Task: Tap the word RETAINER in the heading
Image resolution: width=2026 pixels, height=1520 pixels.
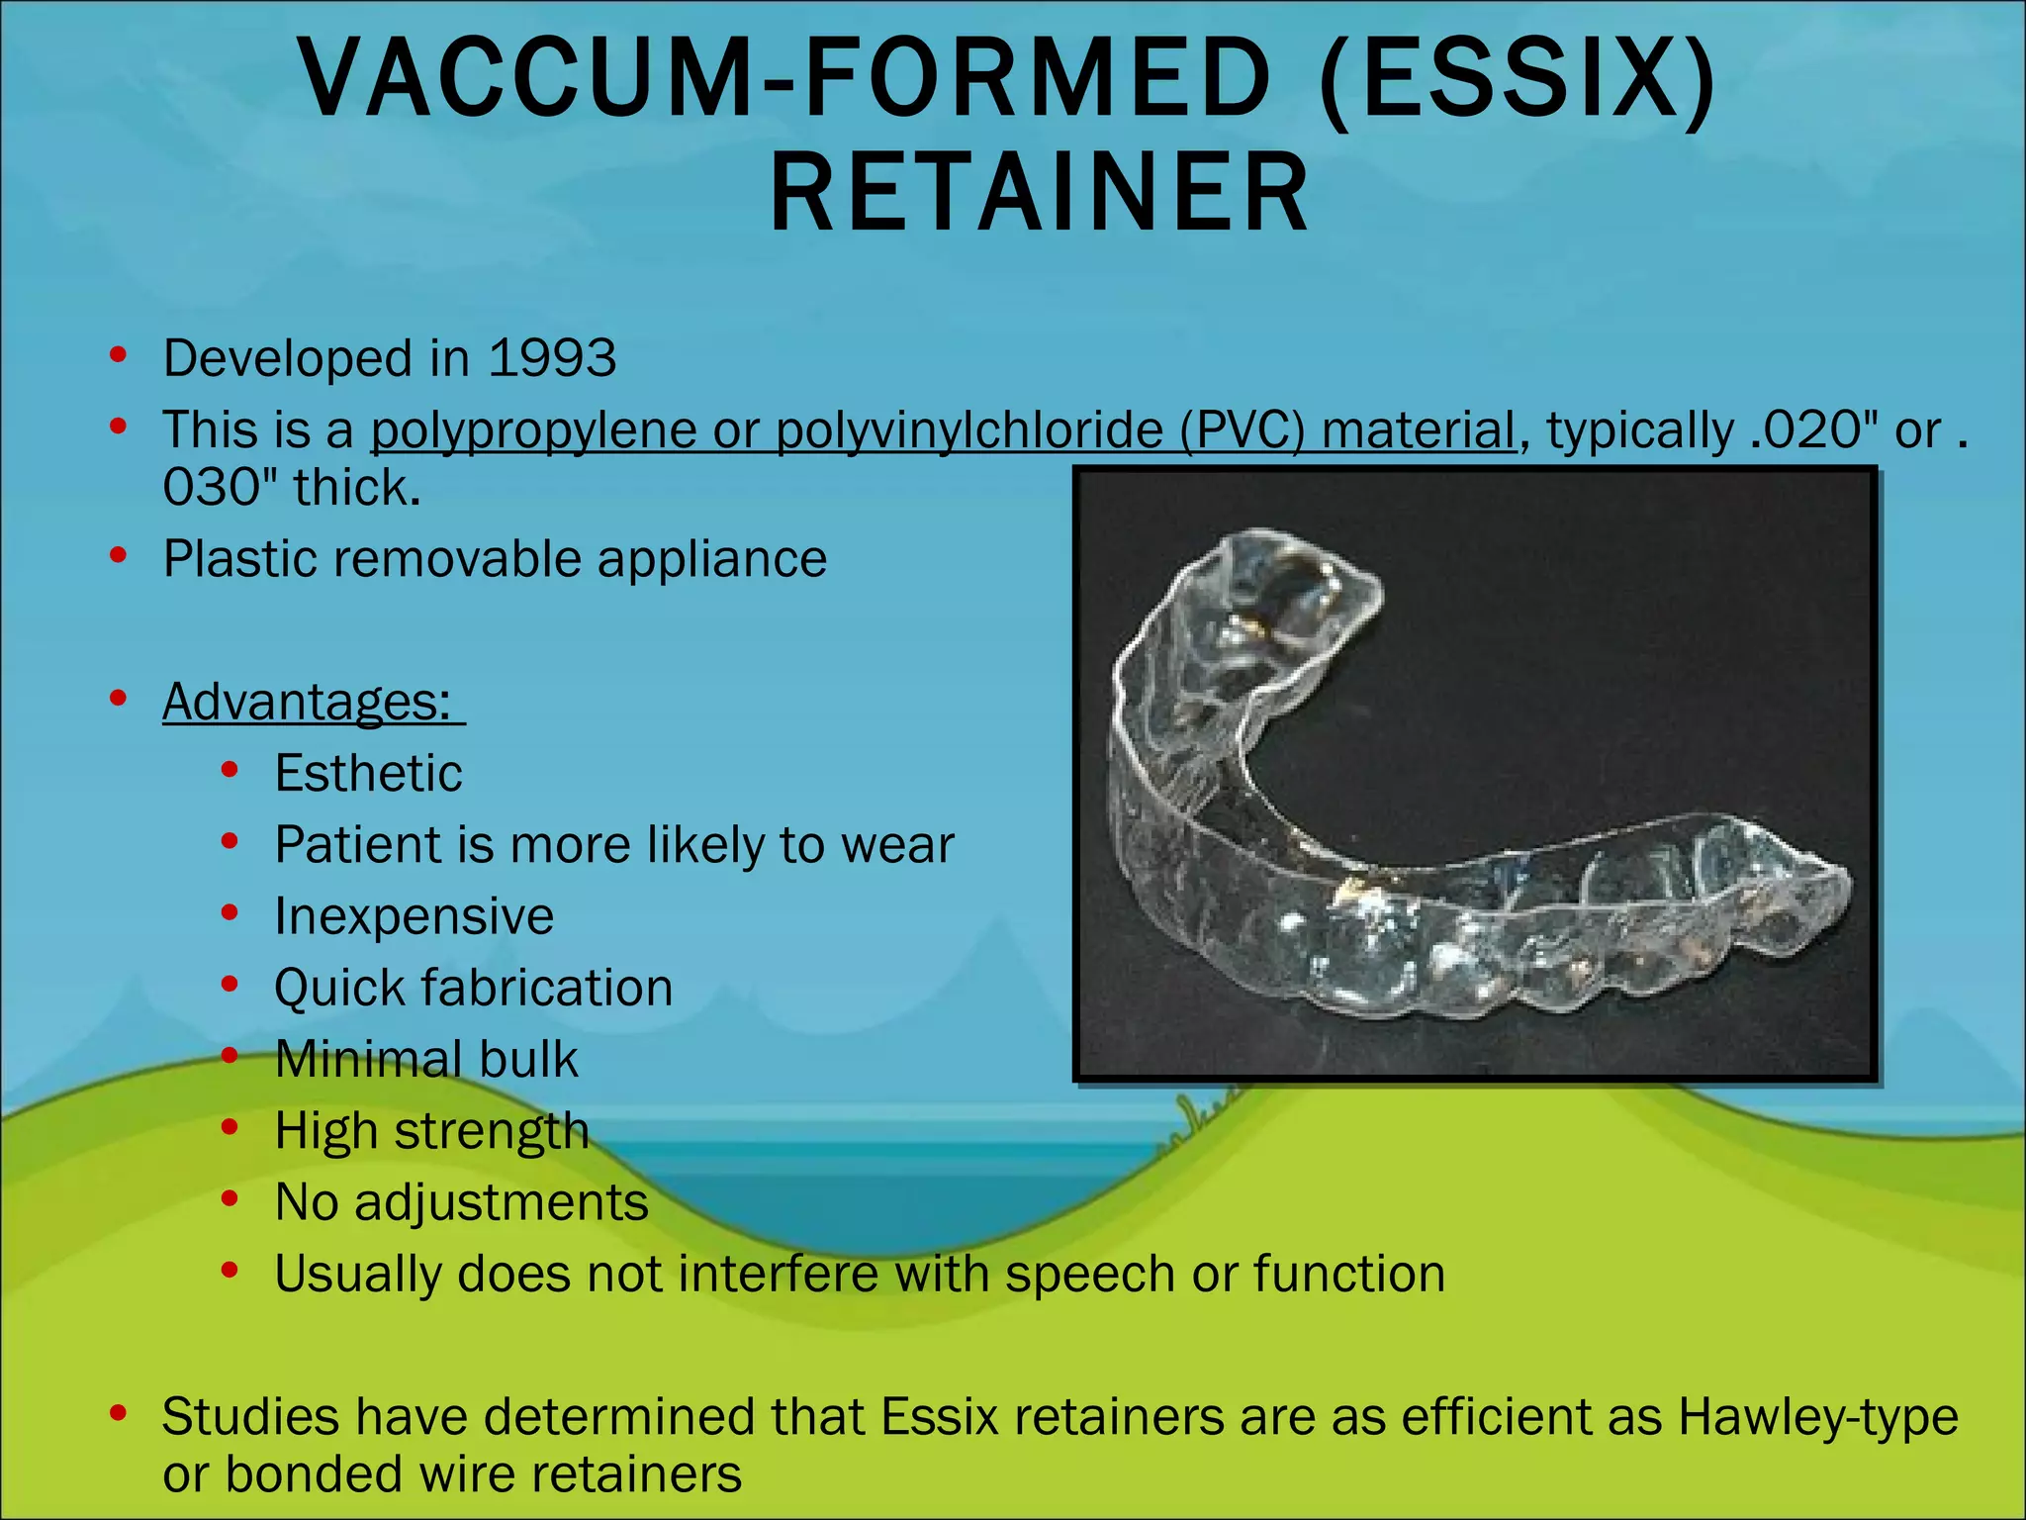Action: point(1040,193)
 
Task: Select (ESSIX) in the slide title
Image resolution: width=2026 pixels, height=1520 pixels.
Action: point(1518,79)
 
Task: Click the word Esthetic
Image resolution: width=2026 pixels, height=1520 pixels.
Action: point(368,773)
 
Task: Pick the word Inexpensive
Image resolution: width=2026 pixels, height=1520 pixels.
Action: point(414,916)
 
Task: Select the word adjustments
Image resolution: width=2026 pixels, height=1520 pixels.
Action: point(501,1203)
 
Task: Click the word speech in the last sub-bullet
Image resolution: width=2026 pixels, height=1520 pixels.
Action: point(1089,1274)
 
